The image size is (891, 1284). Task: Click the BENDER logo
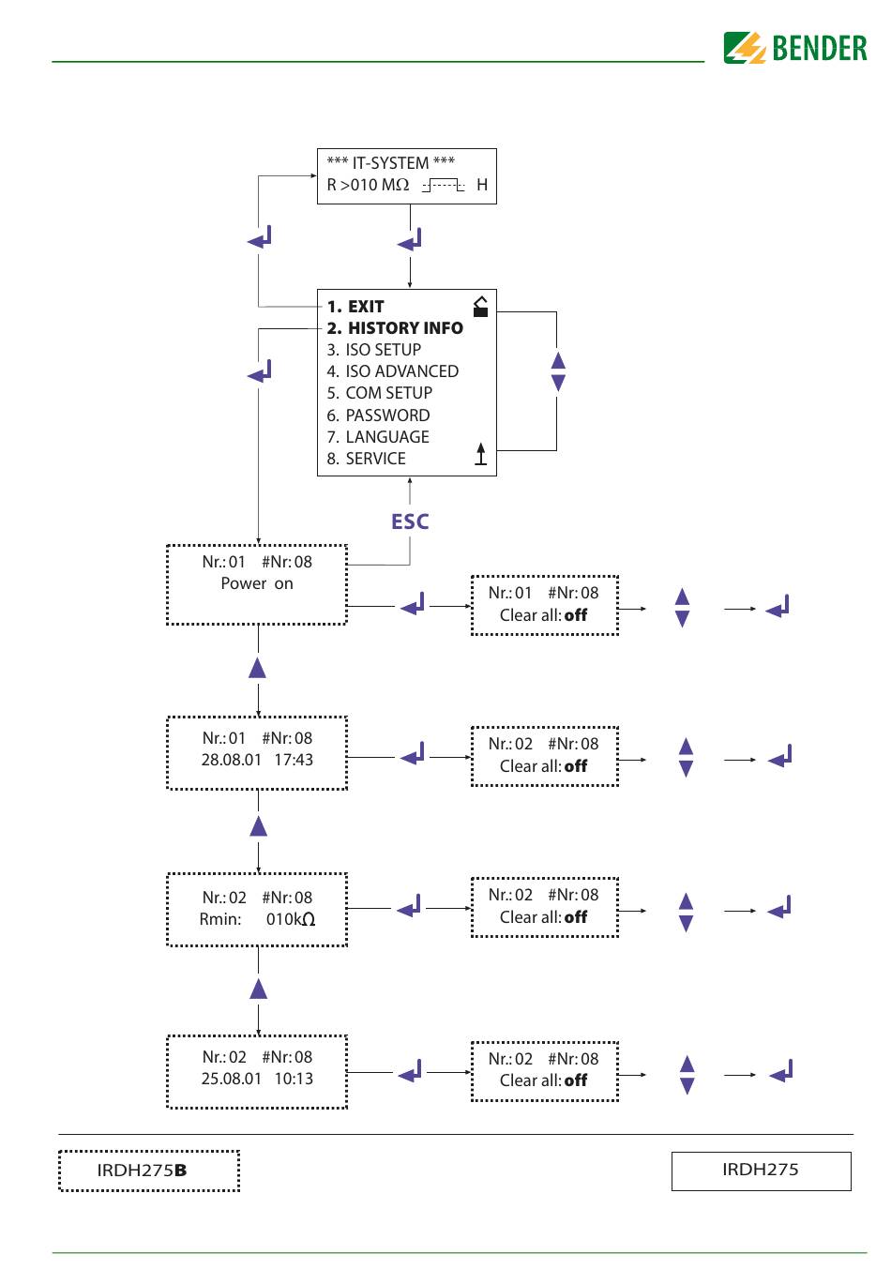coord(794,48)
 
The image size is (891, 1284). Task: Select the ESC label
coord(409,522)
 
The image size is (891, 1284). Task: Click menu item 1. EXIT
coord(355,307)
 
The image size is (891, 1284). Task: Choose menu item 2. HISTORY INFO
coord(395,328)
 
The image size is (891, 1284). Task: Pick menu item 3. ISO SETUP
coord(374,350)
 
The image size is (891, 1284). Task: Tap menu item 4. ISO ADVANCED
coord(393,371)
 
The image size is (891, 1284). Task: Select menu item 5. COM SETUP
coord(380,393)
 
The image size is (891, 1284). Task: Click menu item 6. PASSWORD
coord(378,415)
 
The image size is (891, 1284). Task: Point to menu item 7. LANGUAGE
coord(378,437)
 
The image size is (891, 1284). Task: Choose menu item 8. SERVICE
coord(367,459)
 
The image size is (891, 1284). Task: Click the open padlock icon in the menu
coord(480,307)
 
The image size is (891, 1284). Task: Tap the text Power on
coord(257,583)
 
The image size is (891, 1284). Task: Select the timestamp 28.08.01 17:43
coord(257,760)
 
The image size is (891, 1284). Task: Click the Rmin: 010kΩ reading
coord(257,919)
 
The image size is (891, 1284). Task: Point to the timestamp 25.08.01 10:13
coord(257,1079)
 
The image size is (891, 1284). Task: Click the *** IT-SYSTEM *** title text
coord(390,163)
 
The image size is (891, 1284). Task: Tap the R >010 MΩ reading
coord(368,185)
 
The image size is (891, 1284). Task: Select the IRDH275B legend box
coord(149,1171)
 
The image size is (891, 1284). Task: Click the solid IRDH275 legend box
coord(761,1171)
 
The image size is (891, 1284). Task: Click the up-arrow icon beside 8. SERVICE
coord(480,454)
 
